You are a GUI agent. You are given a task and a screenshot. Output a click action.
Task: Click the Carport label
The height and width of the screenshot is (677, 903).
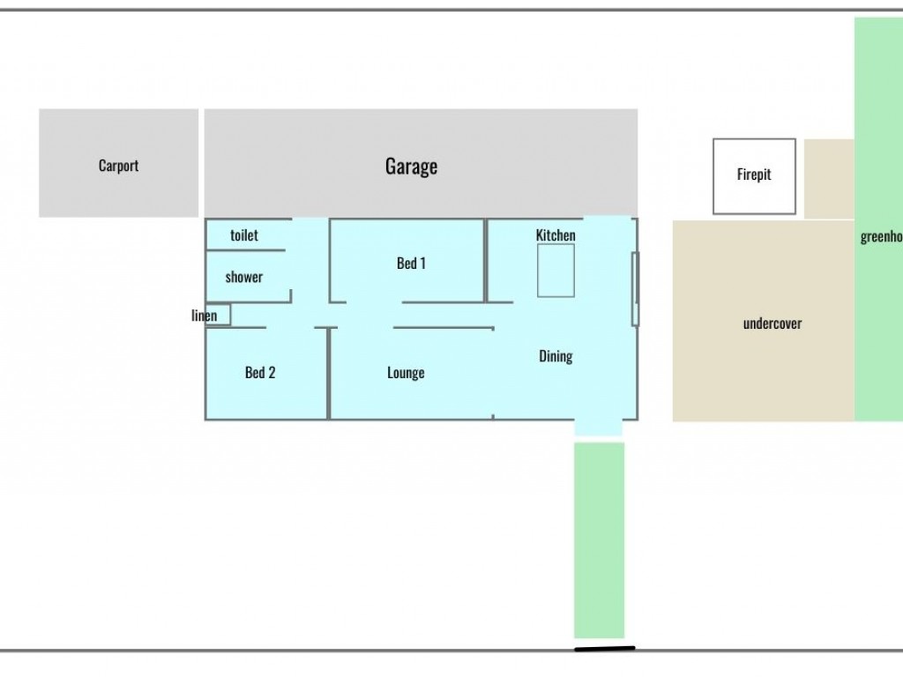(118, 166)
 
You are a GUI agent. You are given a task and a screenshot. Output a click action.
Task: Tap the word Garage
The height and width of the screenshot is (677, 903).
(411, 166)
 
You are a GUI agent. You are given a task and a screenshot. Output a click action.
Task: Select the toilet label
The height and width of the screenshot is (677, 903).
(244, 235)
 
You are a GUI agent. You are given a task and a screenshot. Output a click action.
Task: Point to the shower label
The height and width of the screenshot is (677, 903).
(244, 277)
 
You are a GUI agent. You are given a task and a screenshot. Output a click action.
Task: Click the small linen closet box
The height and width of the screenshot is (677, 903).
(220, 315)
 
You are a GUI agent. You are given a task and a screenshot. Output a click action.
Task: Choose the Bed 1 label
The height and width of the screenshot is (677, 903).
(411, 263)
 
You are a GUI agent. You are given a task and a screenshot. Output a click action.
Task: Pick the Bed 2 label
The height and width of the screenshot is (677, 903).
(260, 373)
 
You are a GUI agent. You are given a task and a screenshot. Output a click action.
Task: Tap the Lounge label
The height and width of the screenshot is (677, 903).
(406, 373)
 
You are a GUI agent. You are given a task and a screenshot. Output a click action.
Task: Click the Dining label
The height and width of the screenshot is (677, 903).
(556, 356)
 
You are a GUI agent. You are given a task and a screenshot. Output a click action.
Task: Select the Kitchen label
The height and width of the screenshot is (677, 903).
(556, 235)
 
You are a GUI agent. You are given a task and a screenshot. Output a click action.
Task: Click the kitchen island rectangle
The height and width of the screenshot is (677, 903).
(556, 271)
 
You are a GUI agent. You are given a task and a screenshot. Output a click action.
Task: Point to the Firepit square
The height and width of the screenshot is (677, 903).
(754, 175)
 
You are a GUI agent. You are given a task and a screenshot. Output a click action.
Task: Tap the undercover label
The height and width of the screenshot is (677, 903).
(772, 324)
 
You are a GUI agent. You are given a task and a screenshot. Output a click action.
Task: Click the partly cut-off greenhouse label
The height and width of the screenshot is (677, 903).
(881, 236)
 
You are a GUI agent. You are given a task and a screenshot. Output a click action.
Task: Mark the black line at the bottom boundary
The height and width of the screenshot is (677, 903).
(604, 650)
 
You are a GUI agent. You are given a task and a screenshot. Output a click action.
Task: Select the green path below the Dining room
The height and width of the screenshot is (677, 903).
(600, 539)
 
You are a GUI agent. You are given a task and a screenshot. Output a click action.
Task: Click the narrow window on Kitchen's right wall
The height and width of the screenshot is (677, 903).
(635, 288)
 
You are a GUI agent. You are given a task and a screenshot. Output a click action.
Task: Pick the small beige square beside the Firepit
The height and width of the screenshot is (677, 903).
(829, 178)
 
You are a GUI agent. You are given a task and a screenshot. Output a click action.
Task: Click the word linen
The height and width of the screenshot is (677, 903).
(204, 316)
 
